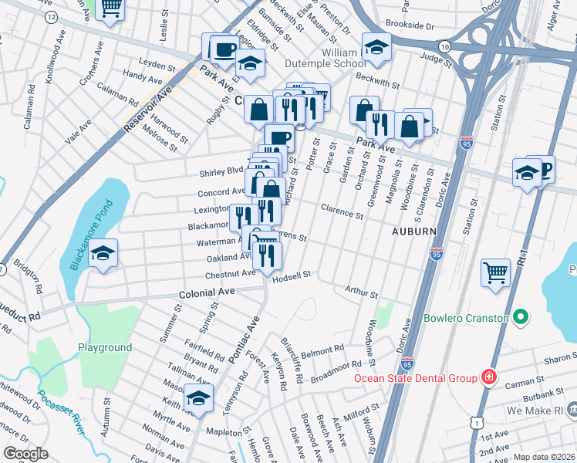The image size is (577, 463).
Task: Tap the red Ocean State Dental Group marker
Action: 488,377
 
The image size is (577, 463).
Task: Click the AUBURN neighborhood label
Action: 412,231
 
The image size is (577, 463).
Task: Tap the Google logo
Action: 25,454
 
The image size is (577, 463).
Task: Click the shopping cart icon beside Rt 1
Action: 495,272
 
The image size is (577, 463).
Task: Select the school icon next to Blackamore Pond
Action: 102,254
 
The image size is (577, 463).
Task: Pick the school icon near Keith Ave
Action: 198,399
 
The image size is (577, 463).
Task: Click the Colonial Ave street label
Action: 205,294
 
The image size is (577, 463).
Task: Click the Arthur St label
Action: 362,294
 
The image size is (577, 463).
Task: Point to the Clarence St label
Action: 342,210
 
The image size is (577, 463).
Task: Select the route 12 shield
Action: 51,16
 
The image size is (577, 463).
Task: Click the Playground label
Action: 105,347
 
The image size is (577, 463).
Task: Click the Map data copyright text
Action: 545,457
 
